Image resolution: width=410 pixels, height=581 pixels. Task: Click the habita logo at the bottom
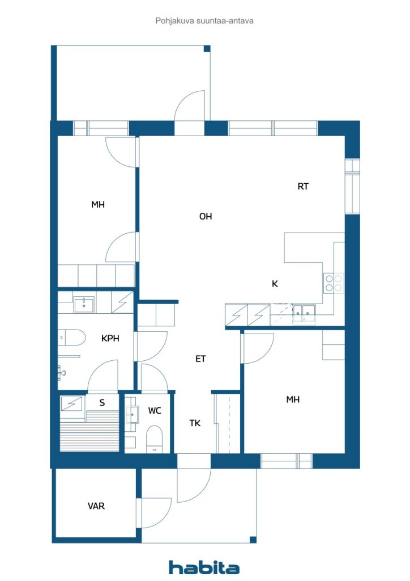pyautogui.click(x=204, y=567)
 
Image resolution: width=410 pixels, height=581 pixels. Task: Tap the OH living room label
pyautogui.click(x=206, y=216)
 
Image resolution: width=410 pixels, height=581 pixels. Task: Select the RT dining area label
pyautogui.click(x=303, y=186)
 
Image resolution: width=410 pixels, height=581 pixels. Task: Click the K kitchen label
pyautogui.click(x=275, y=284)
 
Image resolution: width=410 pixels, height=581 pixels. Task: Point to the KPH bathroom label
pyautogui.click(x=110, y=338)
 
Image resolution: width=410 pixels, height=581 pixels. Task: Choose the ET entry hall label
pyautogui.click(x=200, y=359)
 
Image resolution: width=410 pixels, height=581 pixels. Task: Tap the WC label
pyautogui.click(x=155, y=411)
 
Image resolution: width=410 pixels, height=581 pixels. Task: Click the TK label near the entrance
pyautogui.click(x=195, y=423)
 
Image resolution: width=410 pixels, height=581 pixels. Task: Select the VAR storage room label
pyautogui.click(x=96, y=506)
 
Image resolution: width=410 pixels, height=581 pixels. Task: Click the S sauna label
pyautogui.click(x=102, y=402)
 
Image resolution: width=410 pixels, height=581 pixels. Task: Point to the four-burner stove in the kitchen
pyautogui.click(x=334, y=283)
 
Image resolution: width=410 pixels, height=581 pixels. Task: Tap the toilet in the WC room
pyautogui.click(x=155, y=439)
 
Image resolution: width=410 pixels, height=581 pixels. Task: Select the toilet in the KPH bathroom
pyautogui.click(x=72, y=338)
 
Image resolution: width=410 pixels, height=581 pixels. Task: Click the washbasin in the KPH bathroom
pyautogui.click(x=84, y=305)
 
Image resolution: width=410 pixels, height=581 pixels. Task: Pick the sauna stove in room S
pyautogui.click(x=72, y=404)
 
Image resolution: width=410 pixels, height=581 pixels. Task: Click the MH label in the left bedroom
pyautogui.click(x=98, y=204)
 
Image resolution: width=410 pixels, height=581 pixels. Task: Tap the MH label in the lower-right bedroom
pyautogui.click(x=293, y=399)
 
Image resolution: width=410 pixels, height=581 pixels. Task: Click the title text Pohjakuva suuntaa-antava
pyautogui.click(x=204, y=21)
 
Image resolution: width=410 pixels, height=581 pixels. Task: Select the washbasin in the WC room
pyautogui.click(x=131, y=414)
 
